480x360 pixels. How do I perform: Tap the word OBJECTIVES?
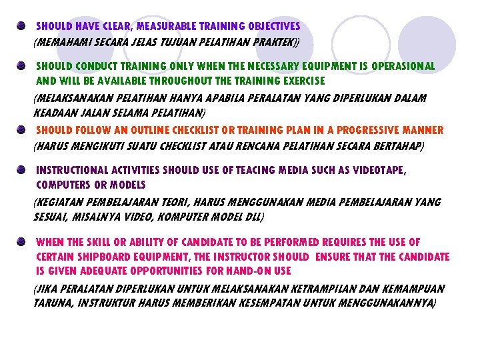(271, 27)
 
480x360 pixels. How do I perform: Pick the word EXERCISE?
(303, 81)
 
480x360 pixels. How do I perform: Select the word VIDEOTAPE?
(376, 171)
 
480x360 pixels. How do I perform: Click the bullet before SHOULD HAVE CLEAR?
(22, 25)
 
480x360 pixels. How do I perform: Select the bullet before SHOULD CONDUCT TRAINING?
(22, 65)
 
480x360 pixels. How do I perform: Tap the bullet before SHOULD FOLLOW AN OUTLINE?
(22, 129)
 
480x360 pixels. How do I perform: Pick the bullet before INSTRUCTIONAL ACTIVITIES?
(22, 169)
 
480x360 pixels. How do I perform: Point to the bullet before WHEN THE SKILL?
(22, 241)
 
